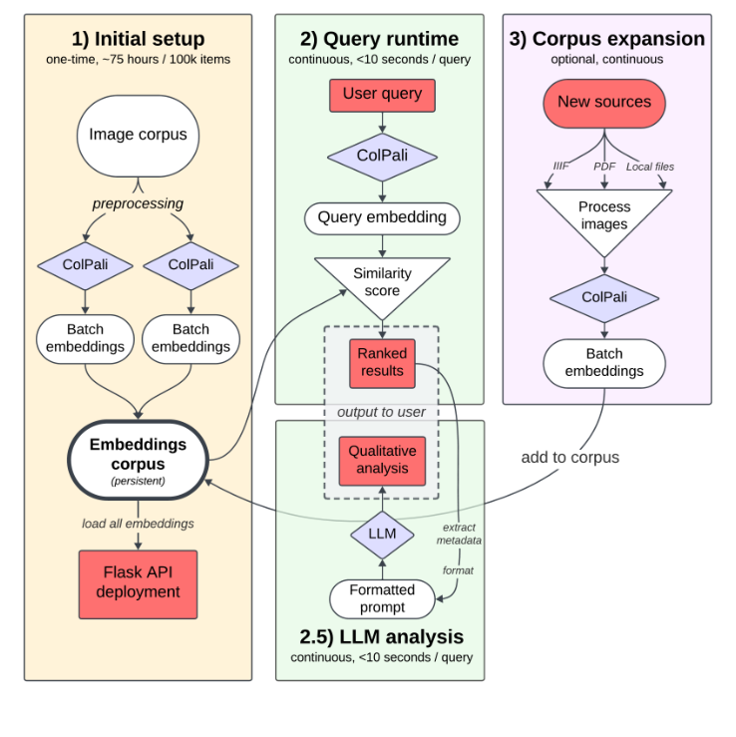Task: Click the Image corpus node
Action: [x=138, y=135]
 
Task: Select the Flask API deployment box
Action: [x=138, y=582]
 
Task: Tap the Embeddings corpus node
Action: [x=138, y=458]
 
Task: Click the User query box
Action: [x=382, y=95]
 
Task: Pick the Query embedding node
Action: [x=382, y=217]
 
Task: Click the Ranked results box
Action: [x=382, y=362]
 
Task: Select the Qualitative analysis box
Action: [x=382, y=460]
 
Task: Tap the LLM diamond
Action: [x=382, y=534]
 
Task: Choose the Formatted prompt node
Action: [x=382, y=598]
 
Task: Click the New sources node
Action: [x=603, y=102]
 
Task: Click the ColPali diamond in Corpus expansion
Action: [x=604, y=297]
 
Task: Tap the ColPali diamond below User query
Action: [x=382, y=157]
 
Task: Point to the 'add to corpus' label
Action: [x=569, y=458]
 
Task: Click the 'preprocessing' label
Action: [x=138, y=203]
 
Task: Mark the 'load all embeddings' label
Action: [x=138, y=524]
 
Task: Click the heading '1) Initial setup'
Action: [x=138, y=40]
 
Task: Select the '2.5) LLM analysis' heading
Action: [x=382, y=636]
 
